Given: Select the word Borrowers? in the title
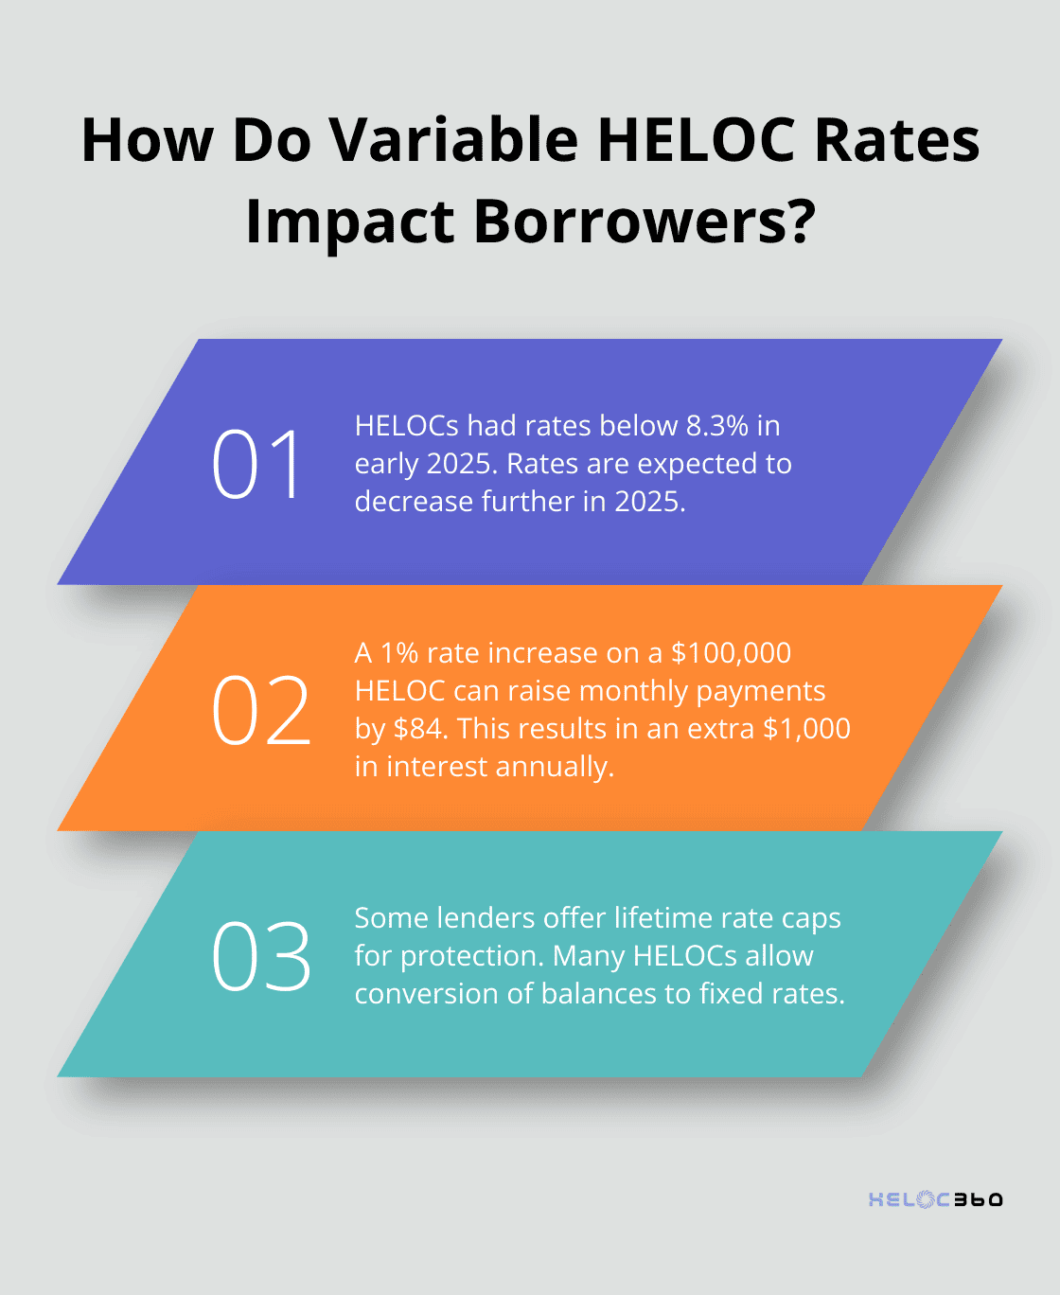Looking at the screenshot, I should pyautogui.click(x=644, y=222).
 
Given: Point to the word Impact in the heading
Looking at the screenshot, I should pyautogui.click(x=350, y=222).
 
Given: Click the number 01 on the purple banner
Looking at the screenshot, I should pyautogui.click(x=256, y=464).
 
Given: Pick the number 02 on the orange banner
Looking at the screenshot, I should pyautogui.click(x=260, y=710).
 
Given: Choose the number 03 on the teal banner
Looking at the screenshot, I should pyautogui.click(x=260, y=956).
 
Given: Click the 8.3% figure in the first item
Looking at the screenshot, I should pyautogui.click(x=717, y=426).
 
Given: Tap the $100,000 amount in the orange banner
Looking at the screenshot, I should pyautogui.click(x=731, y=653).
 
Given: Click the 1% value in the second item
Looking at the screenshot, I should pyautogui.click(x=399, y=653).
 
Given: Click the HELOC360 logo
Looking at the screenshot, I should pyautogui.click(x=935, y=1199).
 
